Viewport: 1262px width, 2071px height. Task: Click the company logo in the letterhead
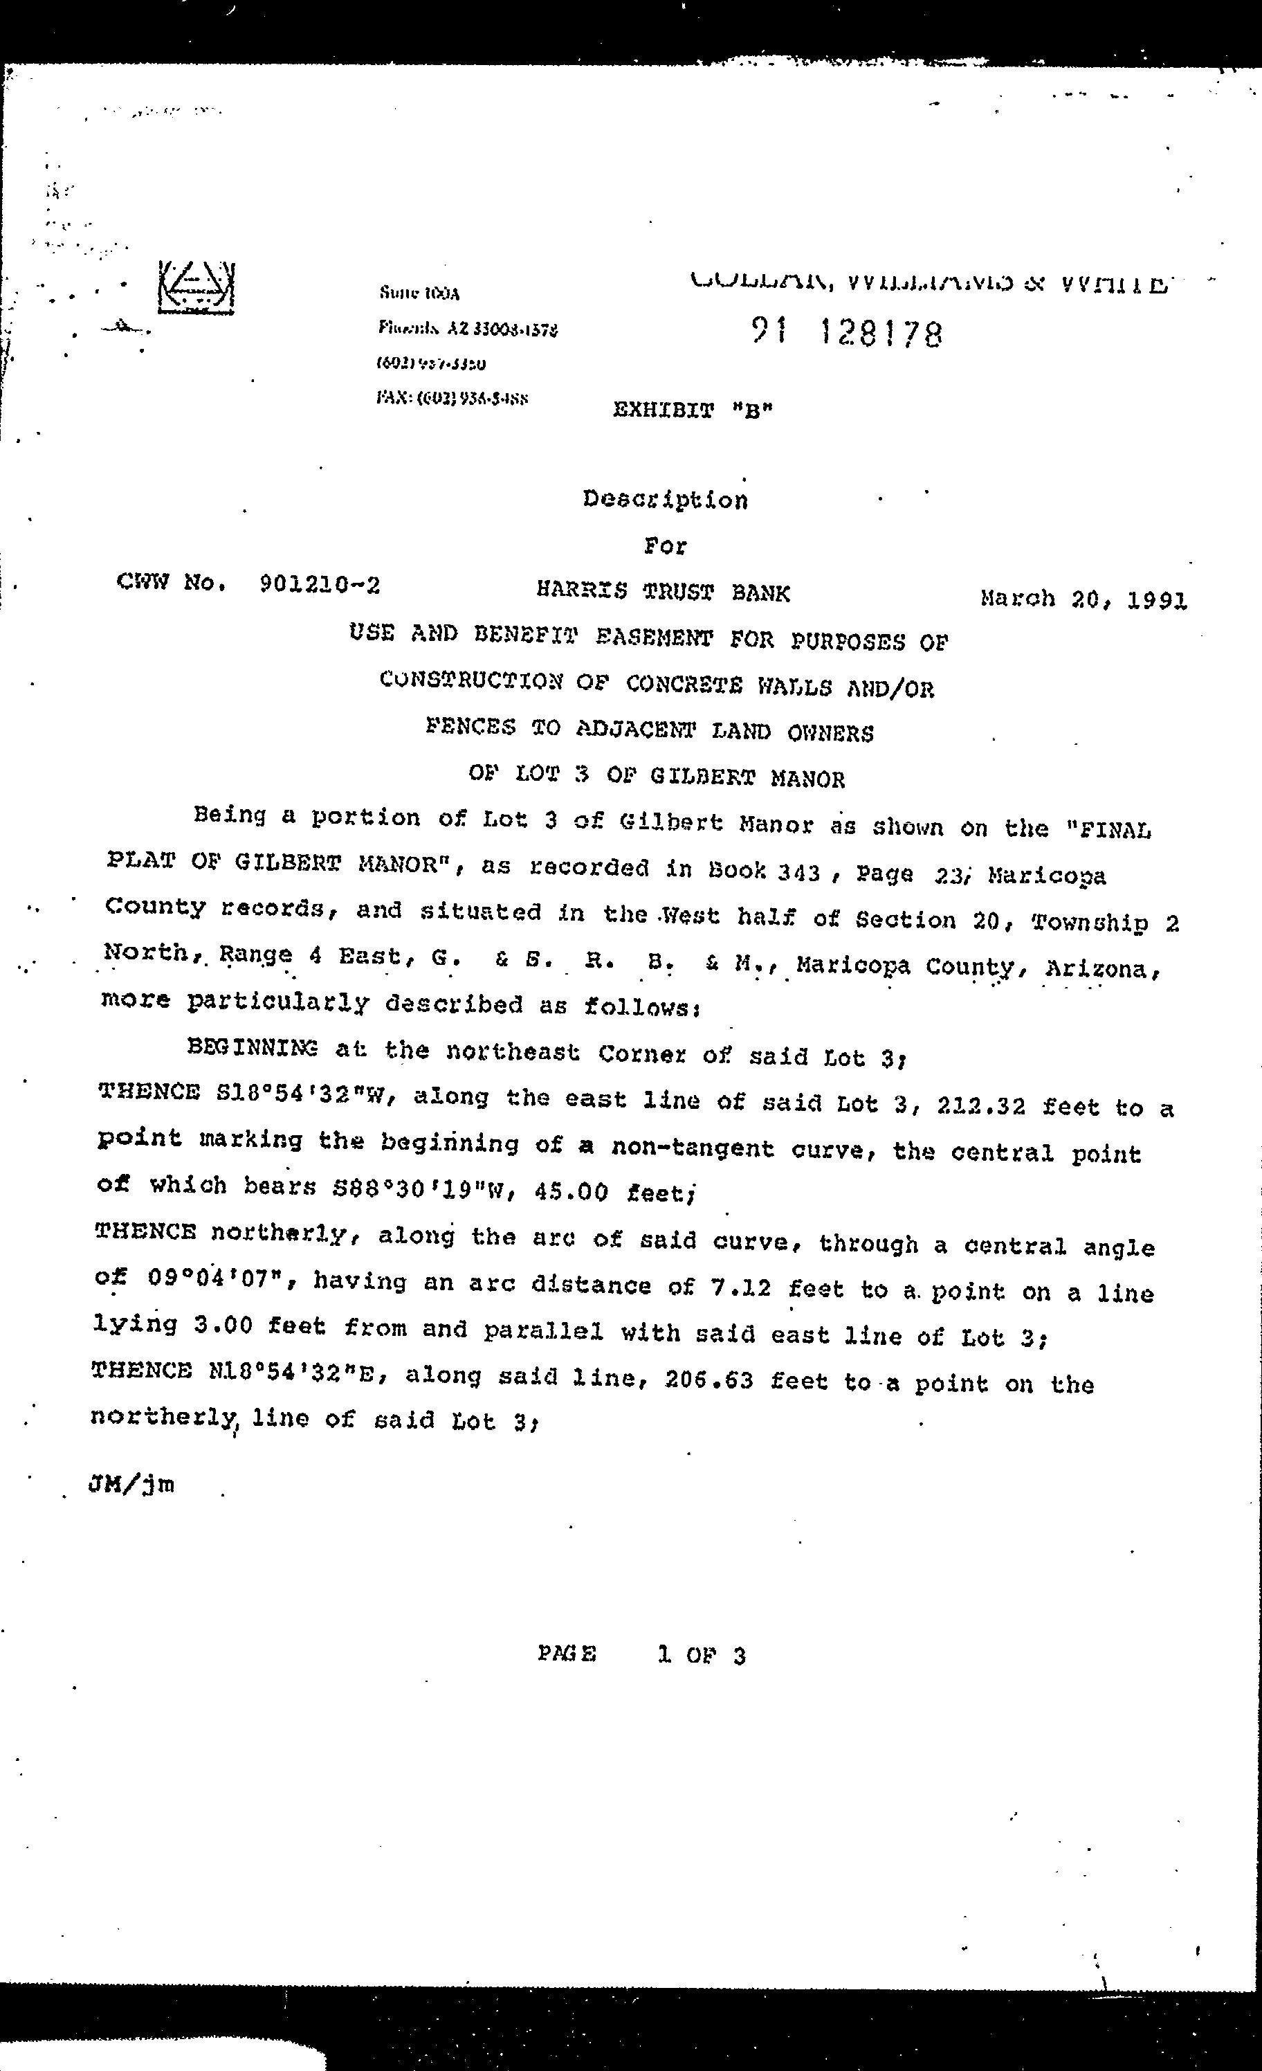pyautogui.click(x=196, y=287)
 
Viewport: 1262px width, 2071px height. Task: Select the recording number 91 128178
pyautogui.click(x=847, y=334)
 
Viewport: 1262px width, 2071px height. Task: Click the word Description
pyautogui.click(x=665, y=499)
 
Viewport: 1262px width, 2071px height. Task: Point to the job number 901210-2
pyautogui.click(x=319, y=584)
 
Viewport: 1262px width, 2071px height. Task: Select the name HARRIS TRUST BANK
pyautogui.click(x=663, y=592)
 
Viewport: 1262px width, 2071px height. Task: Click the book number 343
pyautogui.click(x=798, y=872)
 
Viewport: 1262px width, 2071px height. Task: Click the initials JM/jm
pyautogui.click(x=131, y=1484)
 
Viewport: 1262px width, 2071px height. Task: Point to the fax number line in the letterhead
pyautogui.click(x=452, y=399)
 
